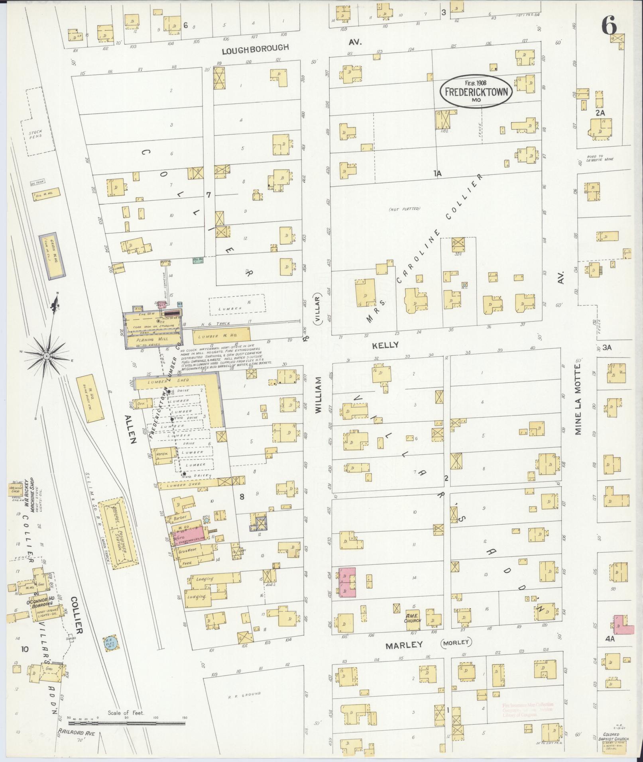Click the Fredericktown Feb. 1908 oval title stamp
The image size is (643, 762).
tap(476, 91)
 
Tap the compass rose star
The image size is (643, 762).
tap(47, 355)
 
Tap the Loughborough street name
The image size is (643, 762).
tap(255, 47)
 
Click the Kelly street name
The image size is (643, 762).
tap(385, 345)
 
